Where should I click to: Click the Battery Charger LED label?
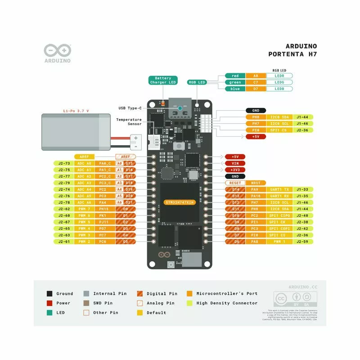coord(163,81)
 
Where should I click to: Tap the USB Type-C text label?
coord(130,108)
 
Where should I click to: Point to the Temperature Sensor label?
coord(129,121)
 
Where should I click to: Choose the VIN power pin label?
coord(235,163)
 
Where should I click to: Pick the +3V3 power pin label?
coord(235,170)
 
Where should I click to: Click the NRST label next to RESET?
coord(256,183)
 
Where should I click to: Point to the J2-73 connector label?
coord(64,163)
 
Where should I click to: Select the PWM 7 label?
coord(84,209)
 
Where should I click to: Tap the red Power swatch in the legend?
coord(49,303)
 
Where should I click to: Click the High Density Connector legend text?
coord(227,303)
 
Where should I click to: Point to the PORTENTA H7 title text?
coord(292,54)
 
